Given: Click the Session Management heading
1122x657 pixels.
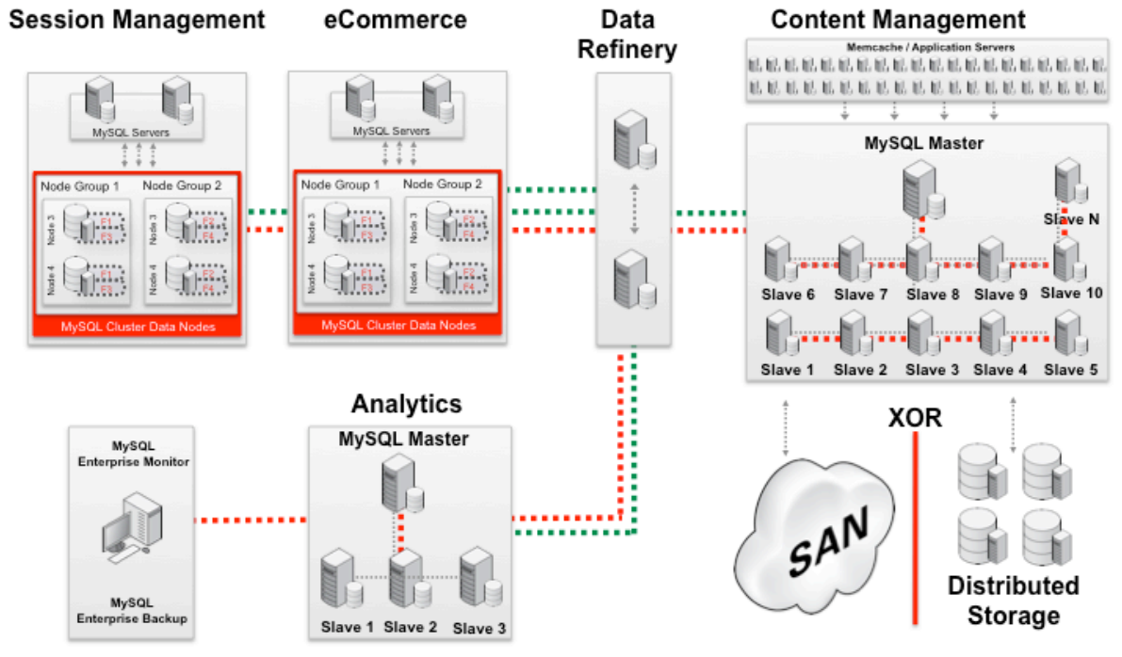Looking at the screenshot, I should pos(137,19).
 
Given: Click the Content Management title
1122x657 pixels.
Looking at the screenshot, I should pos(898,19).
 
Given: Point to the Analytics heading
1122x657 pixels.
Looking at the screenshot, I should pos(407,405).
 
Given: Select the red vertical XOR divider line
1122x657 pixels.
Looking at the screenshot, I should pos(915,527).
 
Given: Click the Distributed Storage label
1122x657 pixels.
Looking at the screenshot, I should pos(1013,601).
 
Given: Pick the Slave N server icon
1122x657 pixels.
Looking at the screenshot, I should pos(1066,181).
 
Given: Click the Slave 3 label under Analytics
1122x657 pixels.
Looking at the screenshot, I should pos(479,628).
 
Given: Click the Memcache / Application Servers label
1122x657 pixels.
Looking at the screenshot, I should pos(932,46).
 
